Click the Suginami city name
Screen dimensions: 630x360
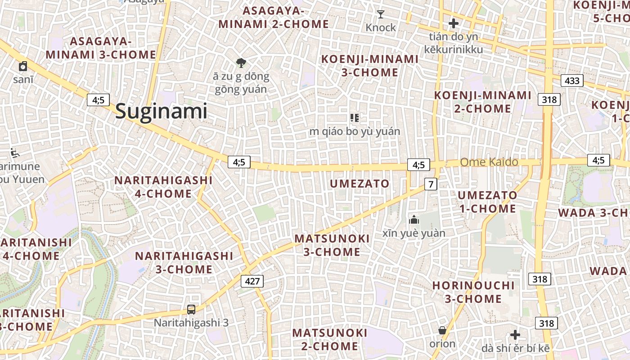(x=161, y=111)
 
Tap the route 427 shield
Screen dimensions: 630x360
(x=252, y=281)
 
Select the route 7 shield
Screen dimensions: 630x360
(x=431, y=184)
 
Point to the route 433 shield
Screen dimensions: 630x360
(x=572, y=81)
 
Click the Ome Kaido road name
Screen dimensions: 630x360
(x=489, y=162)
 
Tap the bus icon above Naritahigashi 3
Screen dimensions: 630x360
(x=191, y=310)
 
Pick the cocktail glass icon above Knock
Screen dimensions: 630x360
(x=381, y=14)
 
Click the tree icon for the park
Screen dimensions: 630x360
(x=241, y=63)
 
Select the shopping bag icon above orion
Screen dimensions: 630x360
(x=442, y=331)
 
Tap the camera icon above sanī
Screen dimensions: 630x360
(x=23, y=67)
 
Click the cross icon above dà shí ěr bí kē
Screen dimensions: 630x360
(x=515, y=335)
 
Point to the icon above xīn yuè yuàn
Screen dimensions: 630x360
(x=414, y=220)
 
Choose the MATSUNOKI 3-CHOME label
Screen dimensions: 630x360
(x=332, y=245)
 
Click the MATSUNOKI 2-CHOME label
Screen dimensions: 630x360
(x=330, y=339)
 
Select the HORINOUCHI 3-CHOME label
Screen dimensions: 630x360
(x=473, y=292)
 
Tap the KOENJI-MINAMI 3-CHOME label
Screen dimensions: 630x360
(x=369, y=66)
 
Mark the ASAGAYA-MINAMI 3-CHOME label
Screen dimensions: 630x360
(x=101, y=48)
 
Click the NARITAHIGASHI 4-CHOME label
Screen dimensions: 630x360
(x=163, y=187)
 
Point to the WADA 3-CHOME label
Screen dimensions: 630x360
(x=594, y=213)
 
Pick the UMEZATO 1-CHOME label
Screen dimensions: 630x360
(x=487, y=202)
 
